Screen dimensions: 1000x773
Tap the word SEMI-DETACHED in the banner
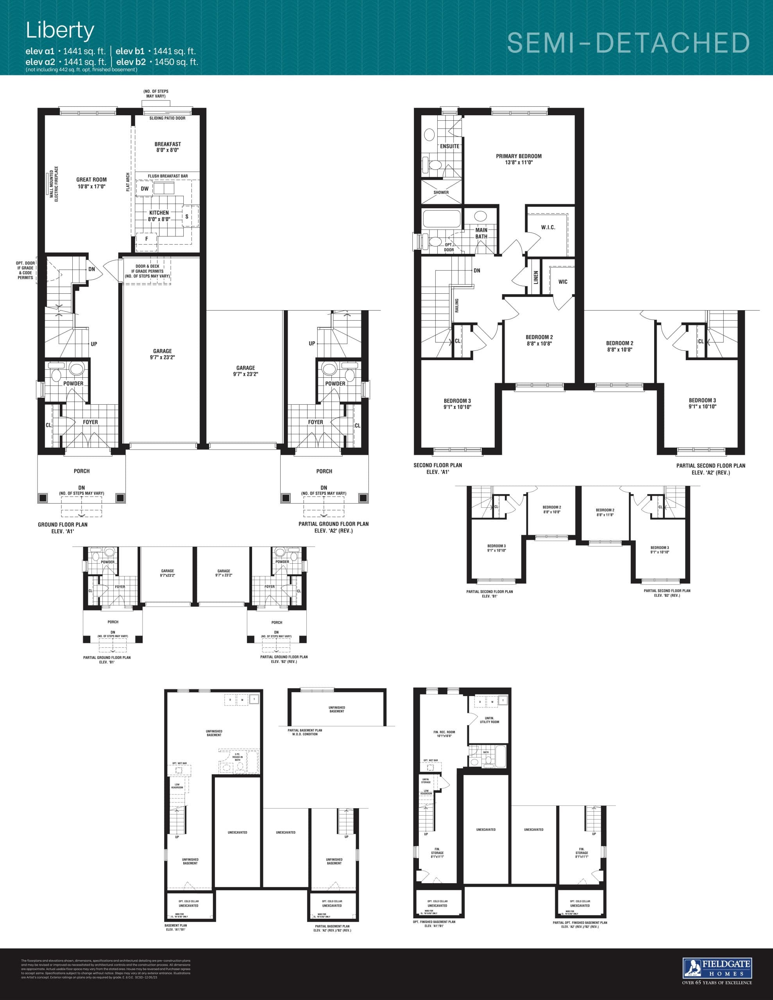(x=628, y=43)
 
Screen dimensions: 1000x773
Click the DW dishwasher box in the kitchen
(x=144, y=189)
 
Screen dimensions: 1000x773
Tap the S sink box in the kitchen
(x=187, y=216)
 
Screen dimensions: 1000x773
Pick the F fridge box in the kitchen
(x=147, y=239)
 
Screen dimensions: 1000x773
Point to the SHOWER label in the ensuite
(x=441, y=192)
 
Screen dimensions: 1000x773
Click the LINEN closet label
(x=536, y=277)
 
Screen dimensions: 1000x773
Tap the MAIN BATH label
(x=481, y=233)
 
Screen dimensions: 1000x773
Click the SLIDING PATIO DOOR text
(x=167, y=118)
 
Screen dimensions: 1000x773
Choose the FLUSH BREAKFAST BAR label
(x=168, y=176)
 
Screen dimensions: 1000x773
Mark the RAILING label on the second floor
(x=457, y=305)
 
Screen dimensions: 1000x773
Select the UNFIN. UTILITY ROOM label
(x=489, y=720)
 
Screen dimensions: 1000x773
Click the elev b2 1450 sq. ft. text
(x=157, y=62)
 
